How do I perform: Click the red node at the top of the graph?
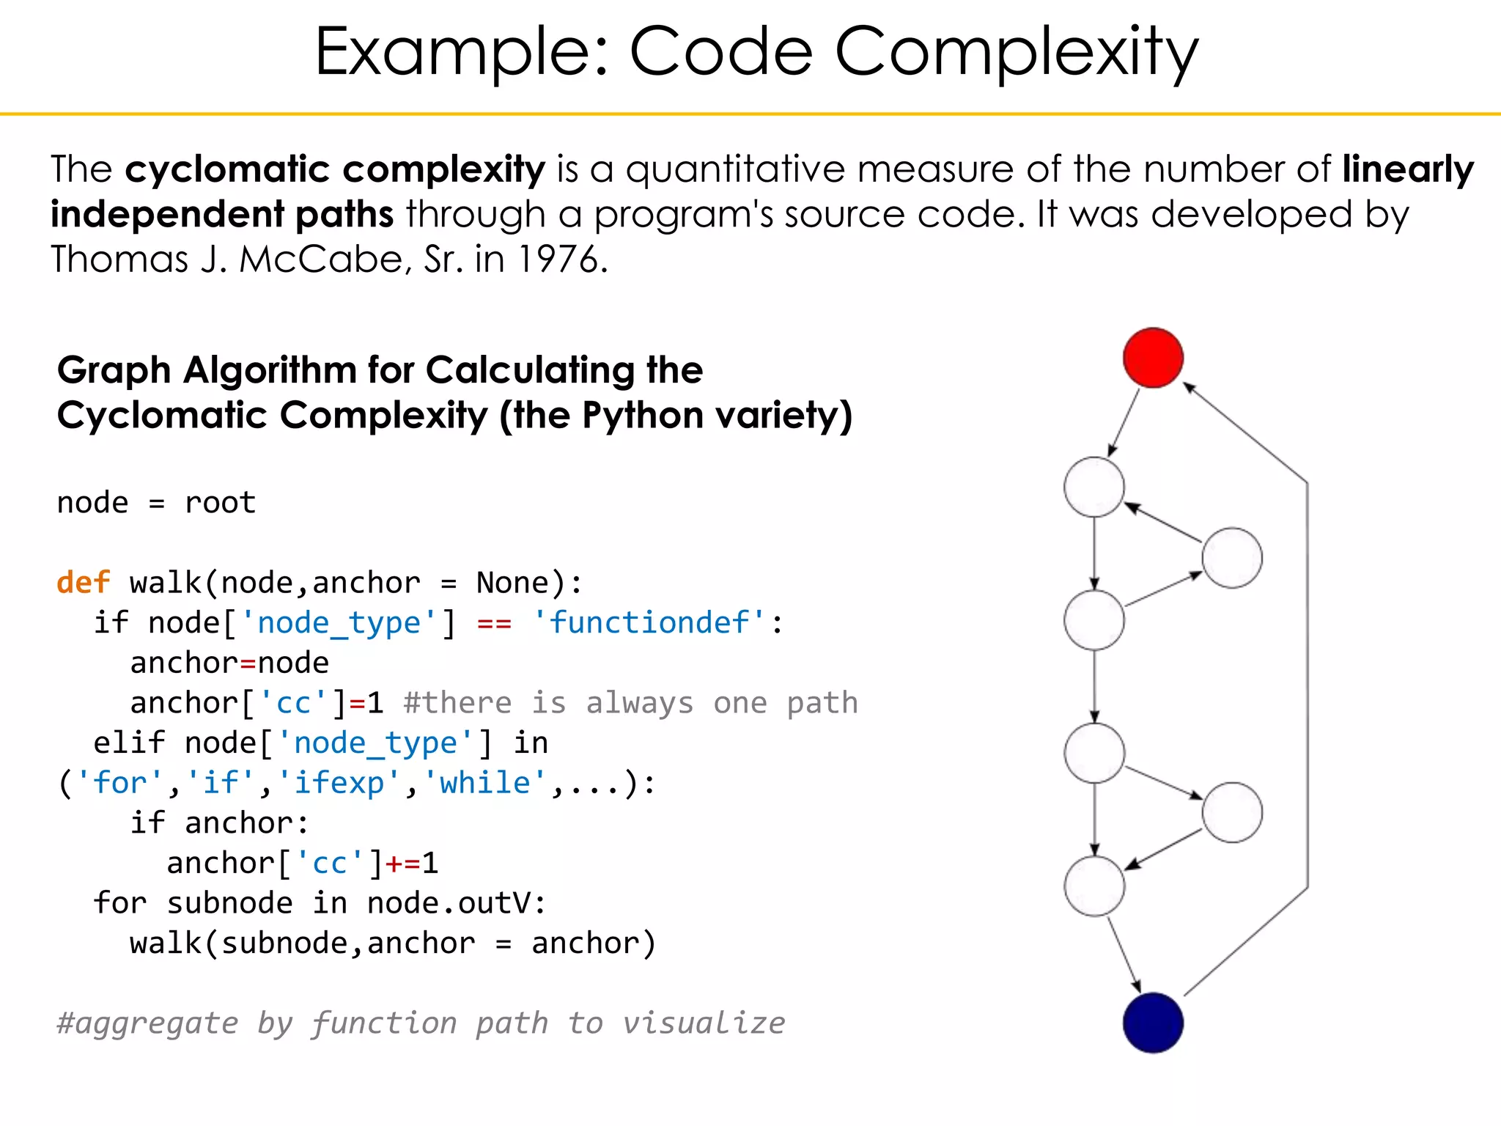(1153, 357)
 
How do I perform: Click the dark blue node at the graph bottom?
(1153, 1023)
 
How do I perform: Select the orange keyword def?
(83, 583)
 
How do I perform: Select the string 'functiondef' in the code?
(649, 623)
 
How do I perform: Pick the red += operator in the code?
(402, 864)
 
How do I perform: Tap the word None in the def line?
(512, 583)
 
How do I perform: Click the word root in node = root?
(220, 503)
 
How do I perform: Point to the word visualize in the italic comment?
(704, 1023)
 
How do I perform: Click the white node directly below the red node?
(1094, 487)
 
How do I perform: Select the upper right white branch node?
(1232, 558)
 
